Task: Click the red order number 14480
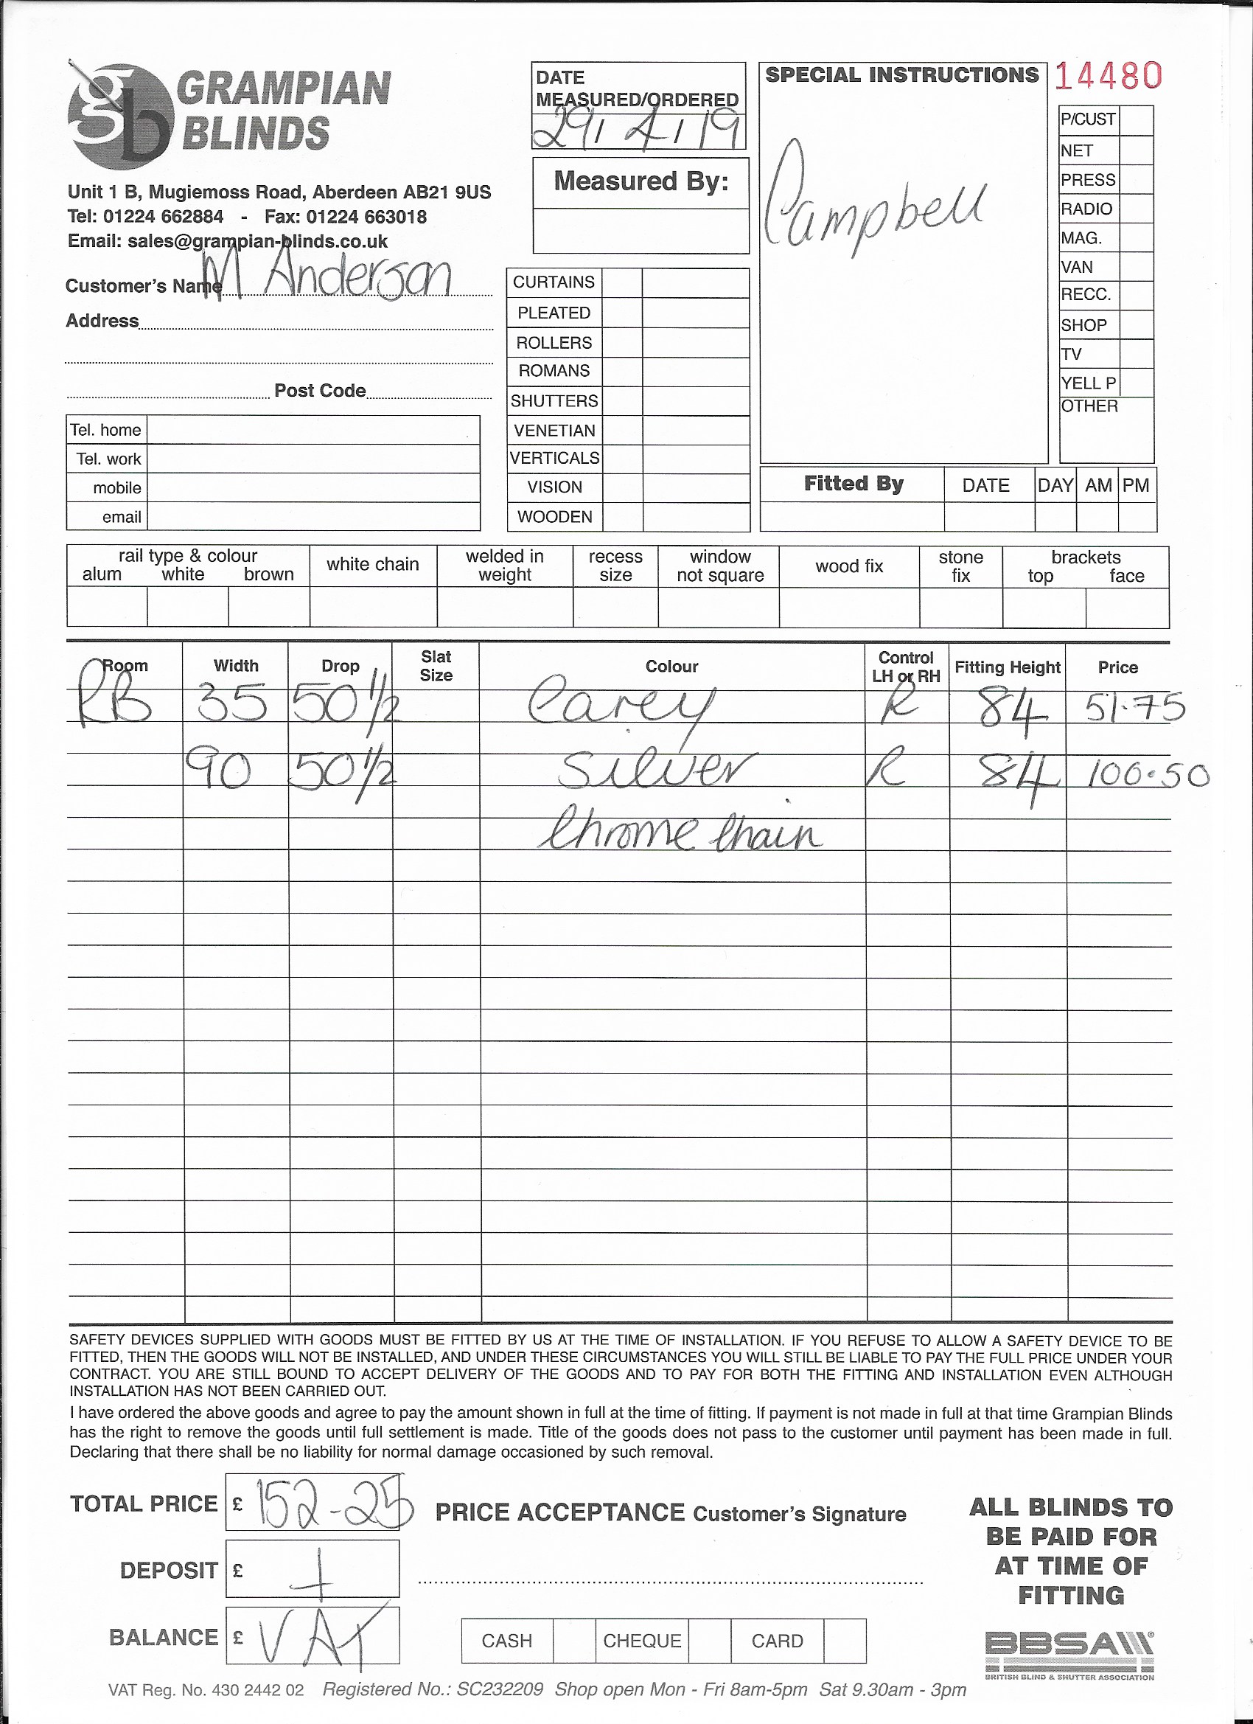[x=1108, y=76]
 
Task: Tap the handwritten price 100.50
[x=1148, y=775]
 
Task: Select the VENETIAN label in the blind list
[x=554, y=430]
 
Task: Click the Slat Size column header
[x=436, y=665]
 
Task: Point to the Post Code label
[x=320, y=391]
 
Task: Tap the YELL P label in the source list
[x=1088, y=383]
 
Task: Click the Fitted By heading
[x=854, y=484]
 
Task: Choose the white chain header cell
[x=372, y=564]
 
